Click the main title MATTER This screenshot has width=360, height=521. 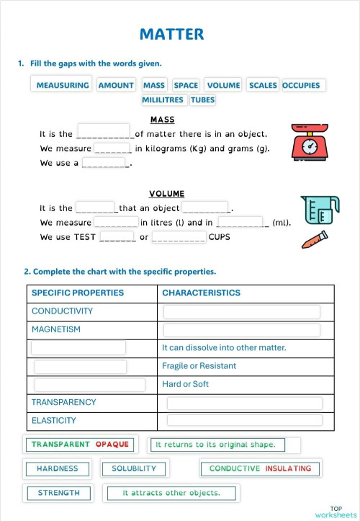(171, 34)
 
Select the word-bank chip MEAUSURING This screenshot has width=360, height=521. (63, 85)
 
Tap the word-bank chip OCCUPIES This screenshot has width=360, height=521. (301, 85)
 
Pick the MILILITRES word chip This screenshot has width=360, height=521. (163, 100)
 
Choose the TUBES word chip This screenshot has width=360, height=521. (202, 100)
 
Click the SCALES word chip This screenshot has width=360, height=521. (263, 85)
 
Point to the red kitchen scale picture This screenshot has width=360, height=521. (310, 141)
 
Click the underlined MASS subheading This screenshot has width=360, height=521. (162, 120)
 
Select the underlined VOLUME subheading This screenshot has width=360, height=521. (166, 194)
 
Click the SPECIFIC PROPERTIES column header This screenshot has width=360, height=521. (78, 293)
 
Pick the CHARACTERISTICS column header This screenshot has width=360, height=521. (201, 293)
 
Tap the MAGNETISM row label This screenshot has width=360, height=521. (56, 329)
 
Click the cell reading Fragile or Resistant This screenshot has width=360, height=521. (199, 366)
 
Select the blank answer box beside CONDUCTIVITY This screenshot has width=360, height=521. (241, 312)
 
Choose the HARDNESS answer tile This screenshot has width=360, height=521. (57, 468)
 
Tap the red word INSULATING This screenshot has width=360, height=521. (288, 468)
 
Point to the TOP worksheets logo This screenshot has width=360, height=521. (336, 512)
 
